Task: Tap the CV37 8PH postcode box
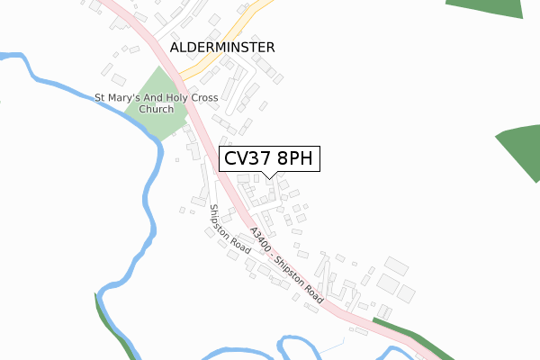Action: [268, 159]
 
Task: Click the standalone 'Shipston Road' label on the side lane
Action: [229, 229]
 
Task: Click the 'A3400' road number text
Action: [261, 238]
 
